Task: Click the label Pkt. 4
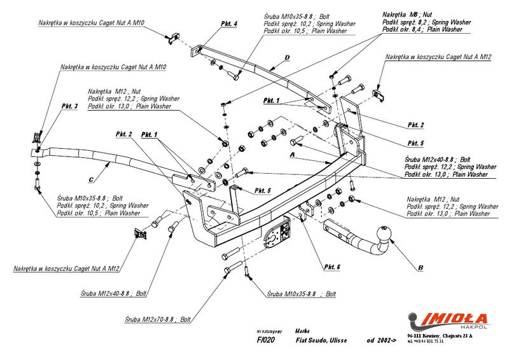pyautogui.click(x=229, y=24)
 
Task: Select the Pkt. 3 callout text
pyautogui.click(x=69, y=106)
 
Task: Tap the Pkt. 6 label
pyautogui.click(x=333, y=266)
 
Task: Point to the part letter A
pyautogui.click(x=292, y=155)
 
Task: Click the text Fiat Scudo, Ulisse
pyautogui.click(x=321, y=341)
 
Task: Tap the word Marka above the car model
pyautogui.click(x=302, y=331)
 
